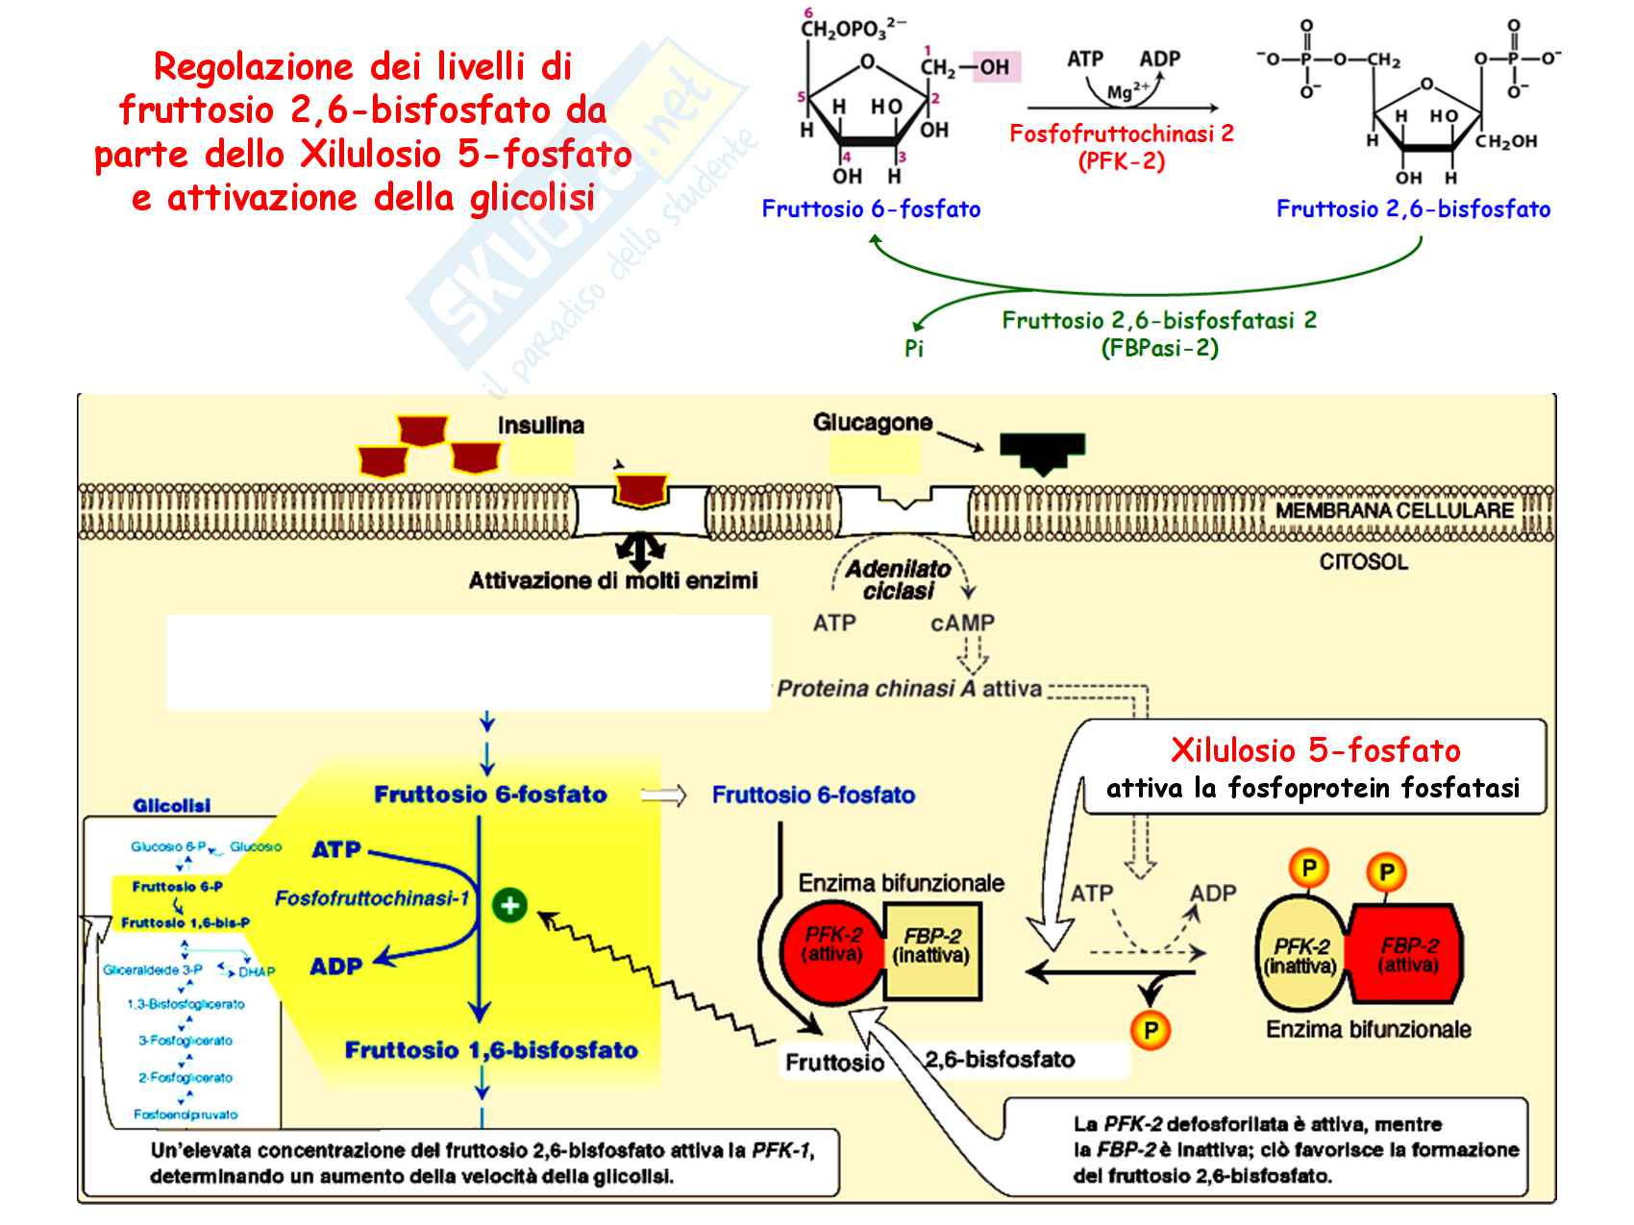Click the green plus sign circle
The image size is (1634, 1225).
pos(509,905)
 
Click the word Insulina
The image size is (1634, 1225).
pos(541,426)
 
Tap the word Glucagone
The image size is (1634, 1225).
pos(873,423)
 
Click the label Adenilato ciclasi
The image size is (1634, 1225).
pos(899,580)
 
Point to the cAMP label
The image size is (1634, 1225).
pos(962,623)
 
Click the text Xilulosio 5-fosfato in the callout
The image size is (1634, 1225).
pos(1315,750)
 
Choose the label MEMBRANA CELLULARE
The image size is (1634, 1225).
pos(1394,511)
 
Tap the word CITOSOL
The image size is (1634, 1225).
pos(1363,562)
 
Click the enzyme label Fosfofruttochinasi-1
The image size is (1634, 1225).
pos(372,898)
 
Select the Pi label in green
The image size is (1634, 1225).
pos(914,349)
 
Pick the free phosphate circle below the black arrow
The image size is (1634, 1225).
pos(1151,1031)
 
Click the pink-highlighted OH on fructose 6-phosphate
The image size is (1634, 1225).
pos(995,67)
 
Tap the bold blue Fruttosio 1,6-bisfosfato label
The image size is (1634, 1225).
pos(491,1050)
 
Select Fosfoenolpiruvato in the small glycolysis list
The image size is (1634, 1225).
pos(186,1115)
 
